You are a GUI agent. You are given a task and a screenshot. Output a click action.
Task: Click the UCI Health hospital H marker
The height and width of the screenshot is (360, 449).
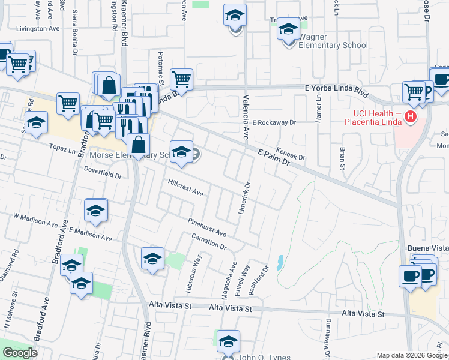click(411, 117)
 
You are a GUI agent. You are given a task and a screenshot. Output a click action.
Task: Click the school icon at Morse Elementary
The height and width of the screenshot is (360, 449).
click(181, 151)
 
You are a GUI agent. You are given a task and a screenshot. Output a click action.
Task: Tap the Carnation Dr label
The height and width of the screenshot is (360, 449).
click(209, 243)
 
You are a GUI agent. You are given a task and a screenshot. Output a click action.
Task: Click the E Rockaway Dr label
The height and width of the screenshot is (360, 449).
click(274, 122)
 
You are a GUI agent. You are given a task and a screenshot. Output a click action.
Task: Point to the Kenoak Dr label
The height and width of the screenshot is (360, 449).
click(291, 154)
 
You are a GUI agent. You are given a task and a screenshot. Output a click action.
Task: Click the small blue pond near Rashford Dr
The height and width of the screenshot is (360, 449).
click(280, 262)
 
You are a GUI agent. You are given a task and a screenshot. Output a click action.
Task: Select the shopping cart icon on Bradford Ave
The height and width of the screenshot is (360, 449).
click(68, 103)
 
